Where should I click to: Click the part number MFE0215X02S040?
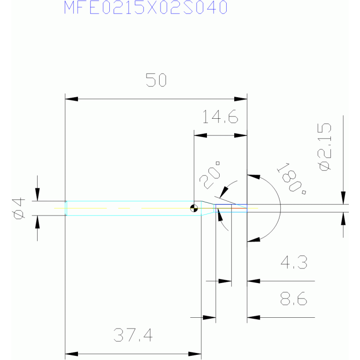click(146, 8)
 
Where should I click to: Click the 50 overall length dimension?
click(156, 80)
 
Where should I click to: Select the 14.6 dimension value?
click(220, 116)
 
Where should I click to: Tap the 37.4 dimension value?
click(133, 335)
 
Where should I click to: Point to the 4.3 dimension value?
click(294, 262)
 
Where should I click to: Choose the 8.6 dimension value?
click(294, 299)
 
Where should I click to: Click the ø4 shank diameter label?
click(19, 208)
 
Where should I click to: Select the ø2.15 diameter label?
click(324, 147)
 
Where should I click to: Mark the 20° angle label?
click(210, 175)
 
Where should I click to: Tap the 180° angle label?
click(292, 179)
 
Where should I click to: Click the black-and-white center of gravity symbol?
click(194, 208)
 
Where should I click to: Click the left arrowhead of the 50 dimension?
click(72, 99)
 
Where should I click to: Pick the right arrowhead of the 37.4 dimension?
click(195, 354)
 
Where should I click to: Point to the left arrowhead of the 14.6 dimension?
click(200, 136)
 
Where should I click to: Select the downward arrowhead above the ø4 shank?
click(38, 194)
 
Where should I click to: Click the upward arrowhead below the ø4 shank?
click(38, 222)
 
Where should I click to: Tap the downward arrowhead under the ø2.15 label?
click(343, 198)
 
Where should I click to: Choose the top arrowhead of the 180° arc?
click(254, 176)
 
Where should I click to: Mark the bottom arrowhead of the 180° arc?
click(254, 239)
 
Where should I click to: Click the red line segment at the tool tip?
click(239, 208)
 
